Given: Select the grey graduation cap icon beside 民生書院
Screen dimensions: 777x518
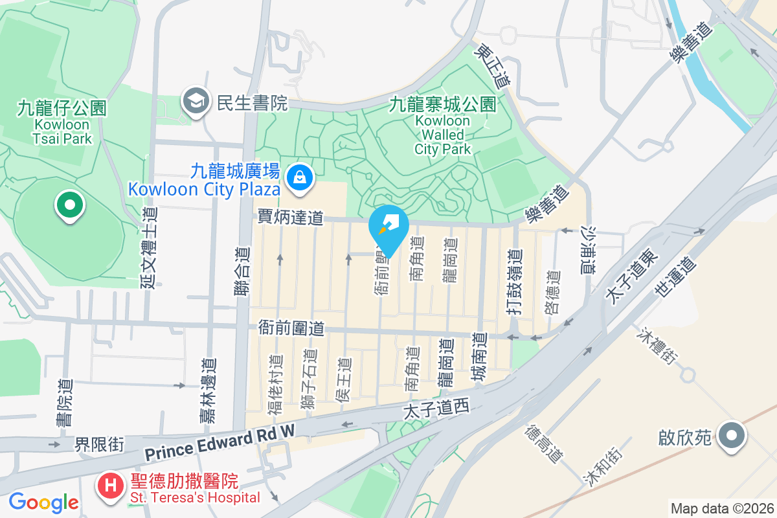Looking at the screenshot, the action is click(195, 101).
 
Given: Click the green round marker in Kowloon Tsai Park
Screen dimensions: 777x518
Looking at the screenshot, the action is click(70, 205).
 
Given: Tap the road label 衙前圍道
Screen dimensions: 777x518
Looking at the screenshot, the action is click(291, 328).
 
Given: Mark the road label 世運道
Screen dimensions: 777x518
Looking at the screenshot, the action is click(674, 276).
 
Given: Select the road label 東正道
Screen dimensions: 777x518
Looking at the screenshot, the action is click(493, 66).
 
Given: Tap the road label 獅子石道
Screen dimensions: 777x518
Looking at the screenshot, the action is click(310, 380).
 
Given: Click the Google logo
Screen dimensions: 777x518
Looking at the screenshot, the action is click(43, 502).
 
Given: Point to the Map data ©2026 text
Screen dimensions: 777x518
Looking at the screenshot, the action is click(722, 508).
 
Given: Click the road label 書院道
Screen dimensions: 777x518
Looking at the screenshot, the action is click(64, 402).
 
